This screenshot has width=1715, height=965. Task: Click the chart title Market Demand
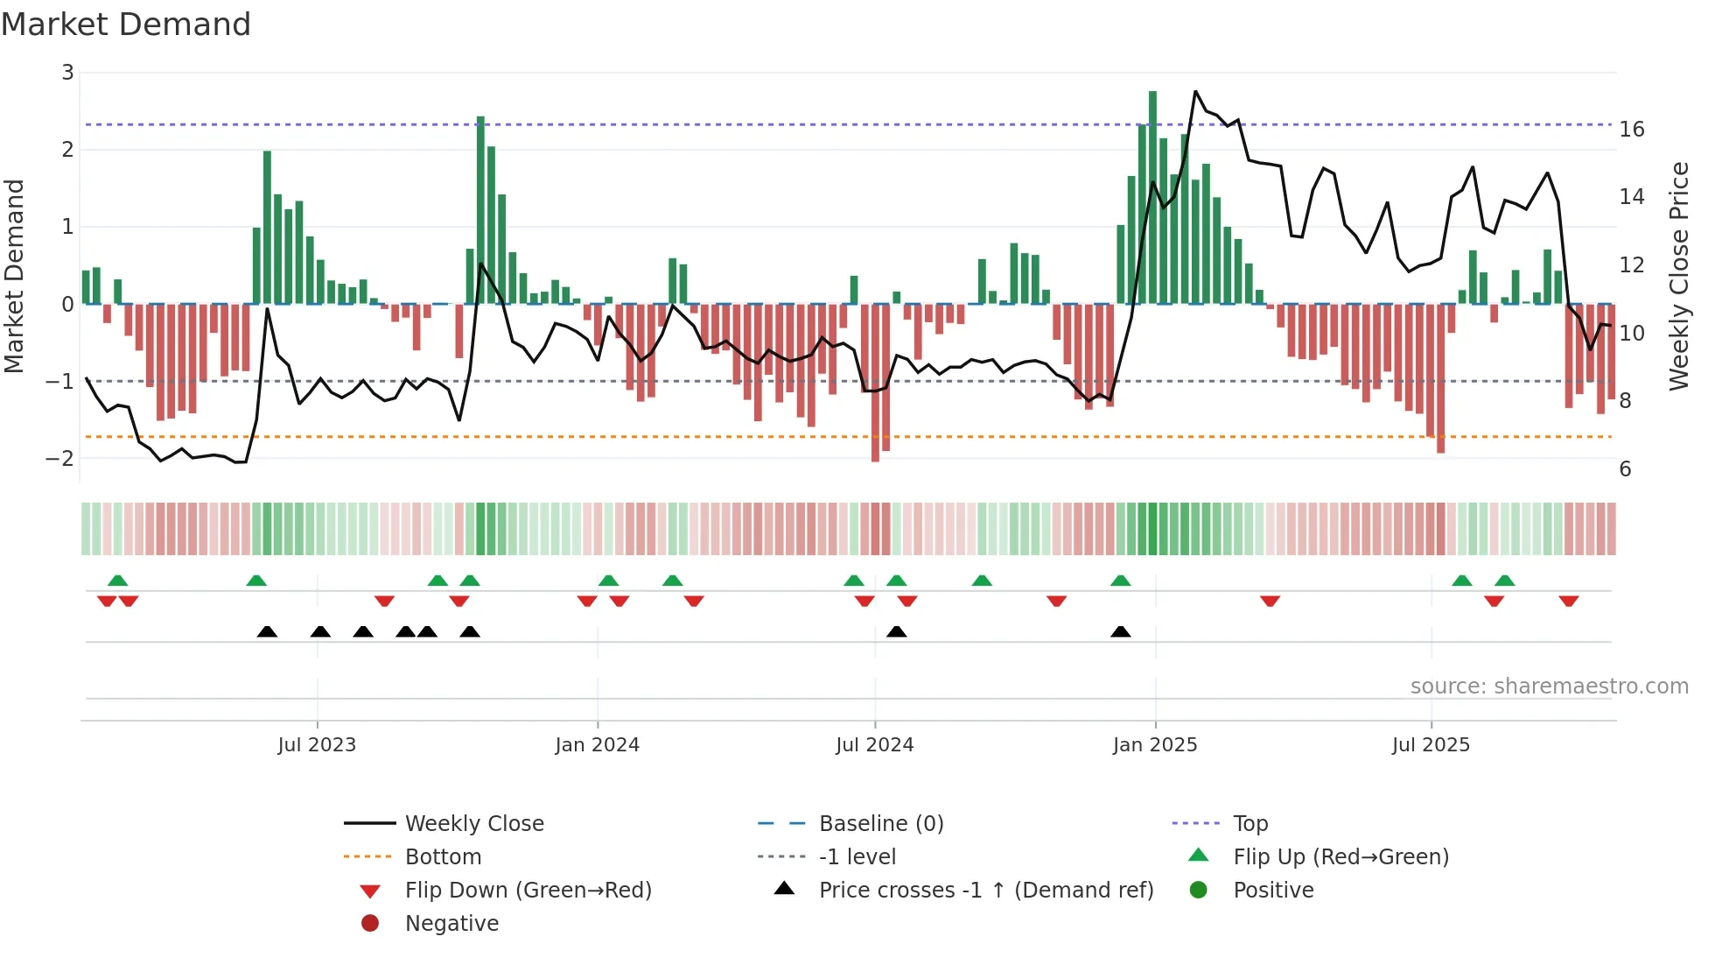126,25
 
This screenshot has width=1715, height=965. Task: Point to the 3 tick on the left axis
67,73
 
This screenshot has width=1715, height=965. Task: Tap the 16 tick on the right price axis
1632,130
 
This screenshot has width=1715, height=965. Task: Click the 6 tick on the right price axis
1625,469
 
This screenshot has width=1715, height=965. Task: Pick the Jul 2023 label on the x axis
317,745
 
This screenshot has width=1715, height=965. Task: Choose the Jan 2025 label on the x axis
1155,745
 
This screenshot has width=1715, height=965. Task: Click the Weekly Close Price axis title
1678,276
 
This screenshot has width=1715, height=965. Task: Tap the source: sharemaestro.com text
1549,687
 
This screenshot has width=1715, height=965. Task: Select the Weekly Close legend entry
473,824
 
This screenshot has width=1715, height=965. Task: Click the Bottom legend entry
443,857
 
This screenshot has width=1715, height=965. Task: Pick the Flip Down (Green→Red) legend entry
528,891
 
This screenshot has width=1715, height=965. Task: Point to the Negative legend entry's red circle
370,924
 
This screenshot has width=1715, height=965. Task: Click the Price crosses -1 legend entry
985,891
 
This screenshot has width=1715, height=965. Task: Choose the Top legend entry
1250,824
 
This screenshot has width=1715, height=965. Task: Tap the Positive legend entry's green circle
1199,891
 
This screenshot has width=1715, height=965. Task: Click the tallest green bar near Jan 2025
1152,197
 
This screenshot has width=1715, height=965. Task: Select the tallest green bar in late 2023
480,210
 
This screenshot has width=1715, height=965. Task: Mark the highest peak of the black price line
1196,91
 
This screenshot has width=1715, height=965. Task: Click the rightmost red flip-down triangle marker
1569,602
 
